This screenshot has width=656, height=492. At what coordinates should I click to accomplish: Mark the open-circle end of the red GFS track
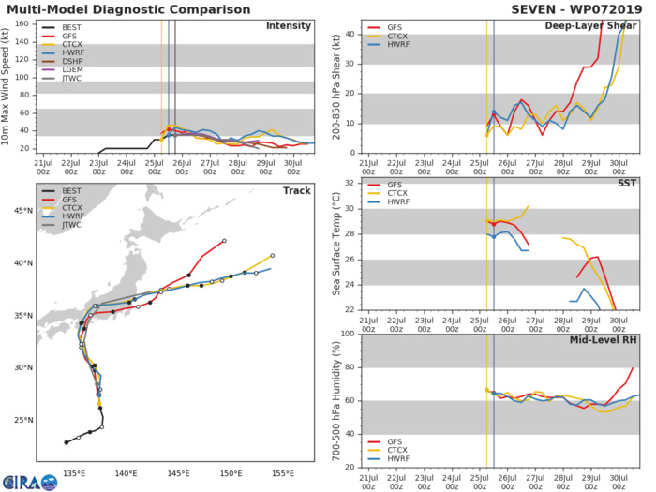[x=225, y=241]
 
